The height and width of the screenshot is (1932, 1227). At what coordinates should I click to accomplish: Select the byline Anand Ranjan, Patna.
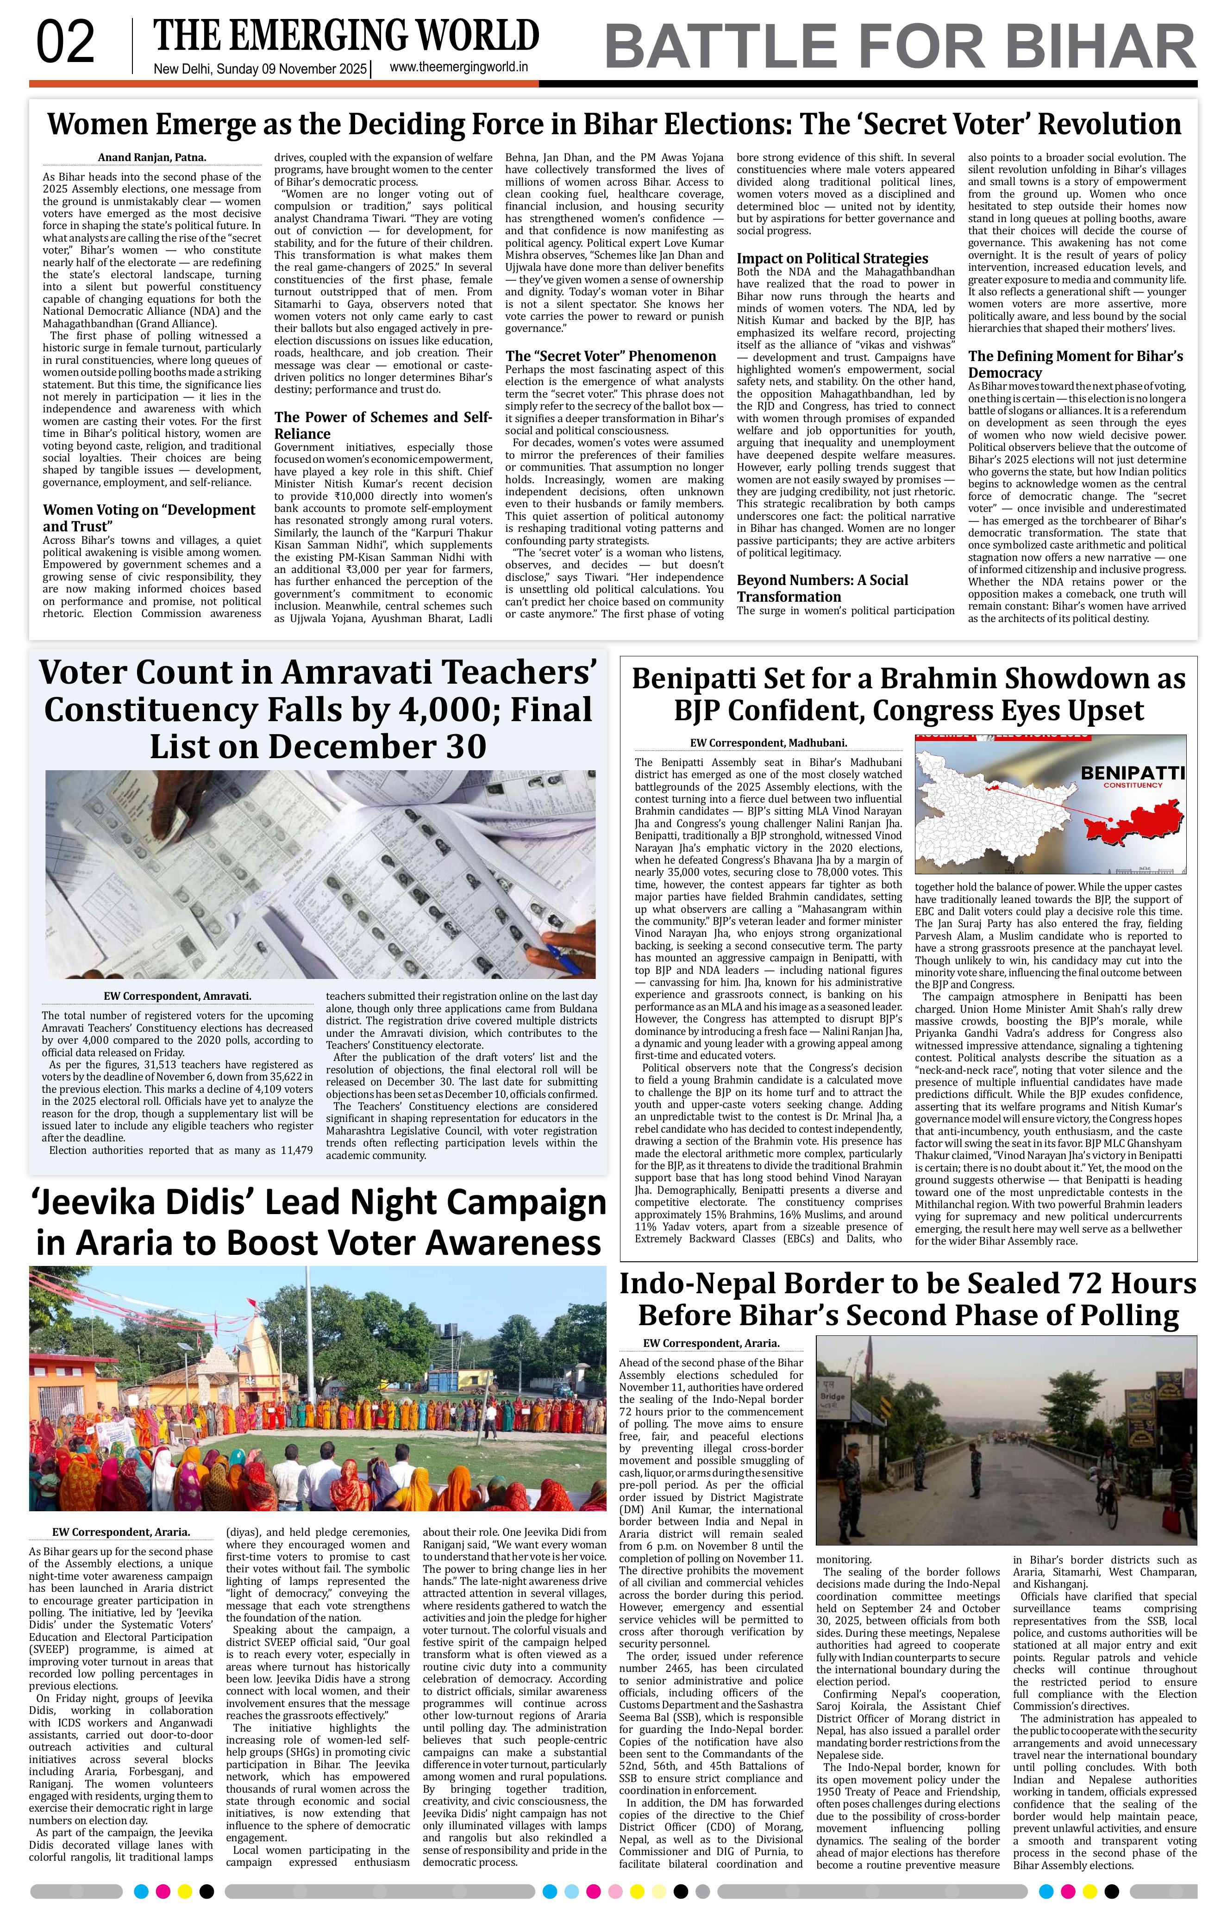point(152,158)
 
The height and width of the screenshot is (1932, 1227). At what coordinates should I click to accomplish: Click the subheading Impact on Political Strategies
point(832,258)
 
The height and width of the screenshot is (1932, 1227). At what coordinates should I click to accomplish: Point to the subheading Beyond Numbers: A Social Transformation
point(822,588)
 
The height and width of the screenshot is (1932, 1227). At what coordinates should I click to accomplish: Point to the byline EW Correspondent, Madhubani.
point(768,744)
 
